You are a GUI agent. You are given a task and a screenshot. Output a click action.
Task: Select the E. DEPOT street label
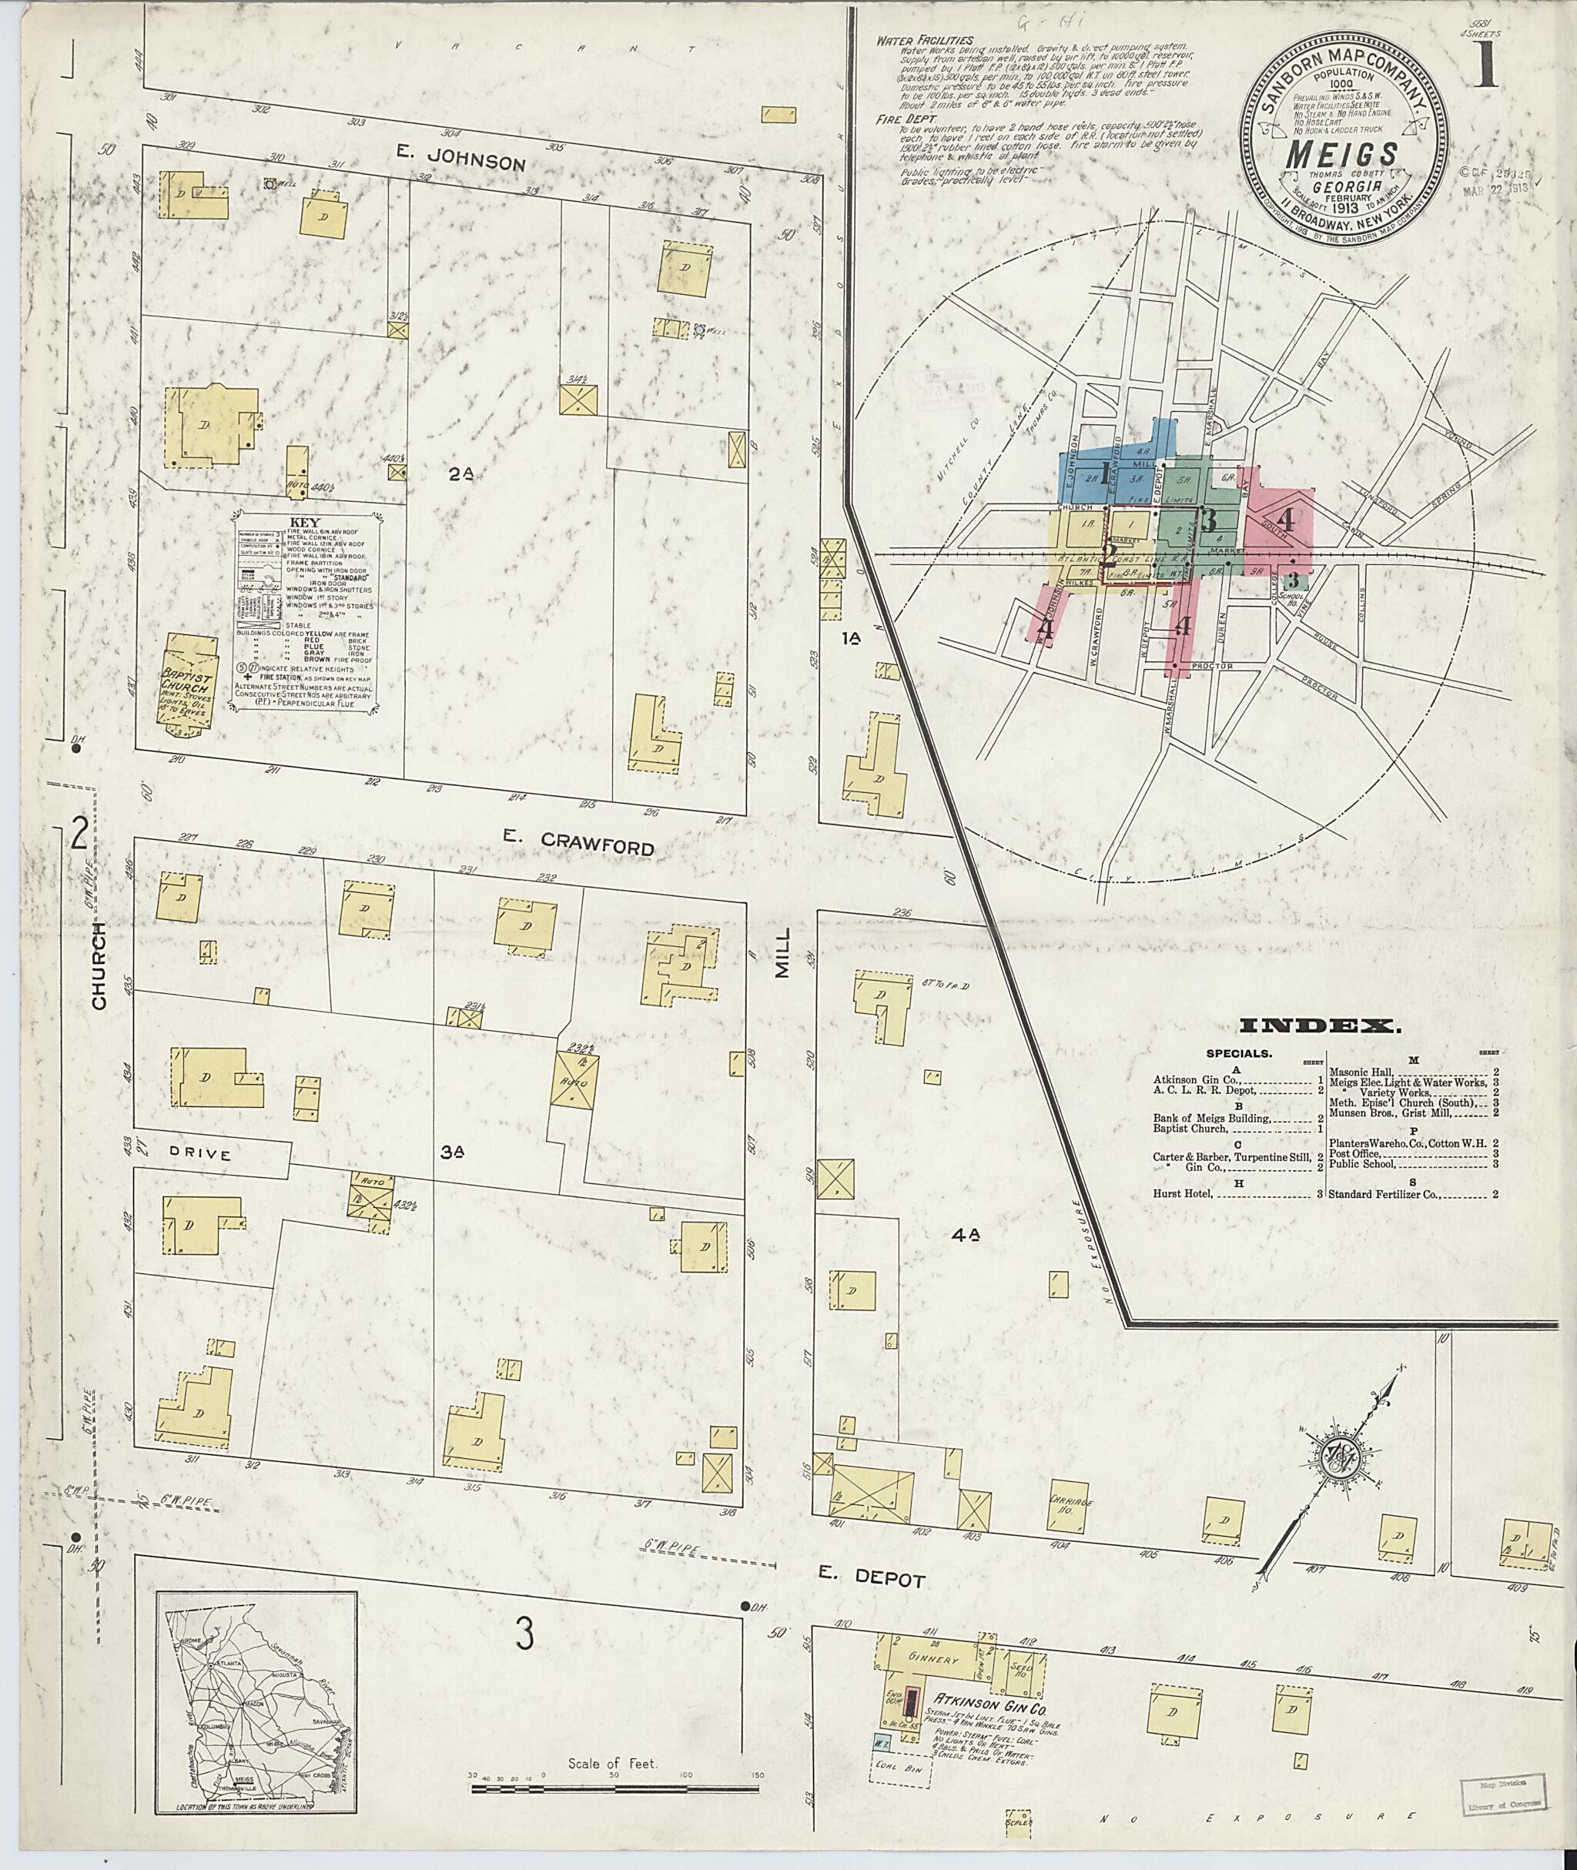[x=872, y=1580]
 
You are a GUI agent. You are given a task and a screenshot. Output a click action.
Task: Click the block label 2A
[x=460, y=476]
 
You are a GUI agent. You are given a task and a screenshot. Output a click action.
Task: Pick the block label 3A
[x=451, y=1153]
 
